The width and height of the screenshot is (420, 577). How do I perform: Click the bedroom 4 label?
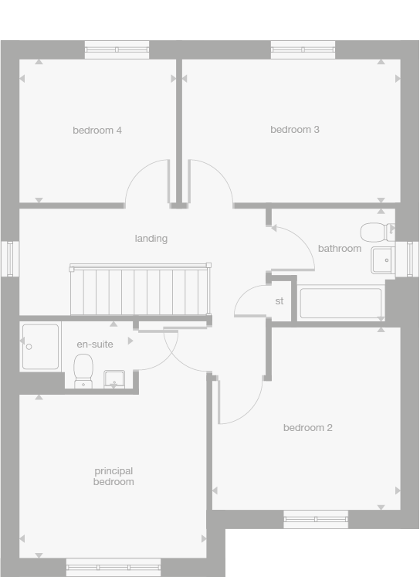(97, 131)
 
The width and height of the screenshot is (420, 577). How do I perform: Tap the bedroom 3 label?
(295, 130)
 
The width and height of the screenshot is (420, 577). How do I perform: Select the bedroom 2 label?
(307, 428)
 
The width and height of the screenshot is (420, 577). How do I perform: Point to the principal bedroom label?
(113, 477)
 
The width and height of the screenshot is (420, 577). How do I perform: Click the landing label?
(151, 239)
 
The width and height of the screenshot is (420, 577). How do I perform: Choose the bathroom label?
(340, 249)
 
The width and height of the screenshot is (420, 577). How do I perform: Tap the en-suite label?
(95, 345)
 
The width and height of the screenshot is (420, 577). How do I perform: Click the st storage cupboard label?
(279, 301)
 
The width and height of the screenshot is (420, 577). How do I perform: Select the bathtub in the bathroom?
(340, 303)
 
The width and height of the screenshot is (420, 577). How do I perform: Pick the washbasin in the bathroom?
(382, 261)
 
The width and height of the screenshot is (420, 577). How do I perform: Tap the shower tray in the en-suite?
(41, 347)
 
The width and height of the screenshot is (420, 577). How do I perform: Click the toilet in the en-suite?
(83, 370)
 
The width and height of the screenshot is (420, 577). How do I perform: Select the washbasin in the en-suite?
(114, 378)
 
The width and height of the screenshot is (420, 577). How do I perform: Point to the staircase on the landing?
(140, 290)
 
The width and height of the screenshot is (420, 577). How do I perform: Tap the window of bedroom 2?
(316, 519)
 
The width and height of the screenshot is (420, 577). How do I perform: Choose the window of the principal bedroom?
(113, 567)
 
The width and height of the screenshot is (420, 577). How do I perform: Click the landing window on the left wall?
(10, 258)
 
